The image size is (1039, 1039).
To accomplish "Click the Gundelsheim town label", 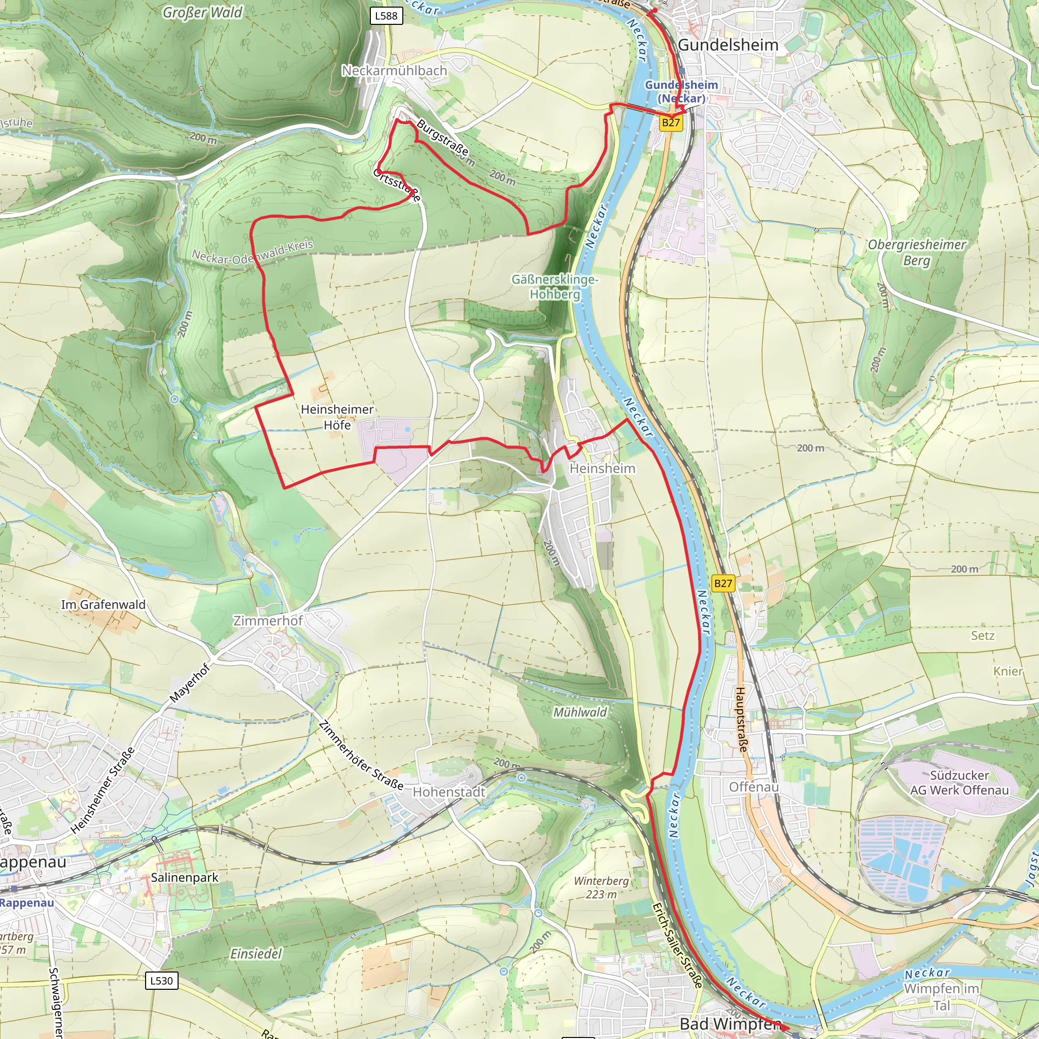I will click(728, 45).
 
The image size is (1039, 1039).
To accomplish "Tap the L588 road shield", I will click(386, 16).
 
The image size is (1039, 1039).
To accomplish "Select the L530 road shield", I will click(161, 980).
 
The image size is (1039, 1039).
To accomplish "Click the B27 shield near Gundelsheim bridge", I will click(671, 123).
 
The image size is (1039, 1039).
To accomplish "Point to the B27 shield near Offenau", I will click(723, 583).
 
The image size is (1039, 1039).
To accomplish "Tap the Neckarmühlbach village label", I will click(394, 71).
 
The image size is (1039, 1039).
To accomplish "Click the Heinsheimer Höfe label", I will click(337, 417).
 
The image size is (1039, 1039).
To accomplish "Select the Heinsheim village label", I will click(602, 468).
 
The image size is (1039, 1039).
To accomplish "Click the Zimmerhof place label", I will click(268, 620).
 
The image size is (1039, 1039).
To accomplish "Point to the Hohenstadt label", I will click(449, 791).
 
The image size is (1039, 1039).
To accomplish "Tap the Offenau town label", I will click(753, 787).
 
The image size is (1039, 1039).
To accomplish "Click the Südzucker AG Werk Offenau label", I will click(959, 782).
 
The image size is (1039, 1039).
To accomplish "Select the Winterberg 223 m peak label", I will click(601, 887).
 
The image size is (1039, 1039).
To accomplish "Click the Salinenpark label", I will click(185, 877).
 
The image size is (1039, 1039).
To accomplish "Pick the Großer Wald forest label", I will click(203, 12).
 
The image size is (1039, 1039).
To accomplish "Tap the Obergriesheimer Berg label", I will click(916, 252).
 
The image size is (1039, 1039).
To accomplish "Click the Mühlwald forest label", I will click(580, 712).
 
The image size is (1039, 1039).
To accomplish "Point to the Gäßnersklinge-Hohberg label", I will click(555, 287).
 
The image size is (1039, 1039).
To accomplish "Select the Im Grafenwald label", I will click(103, 604).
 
